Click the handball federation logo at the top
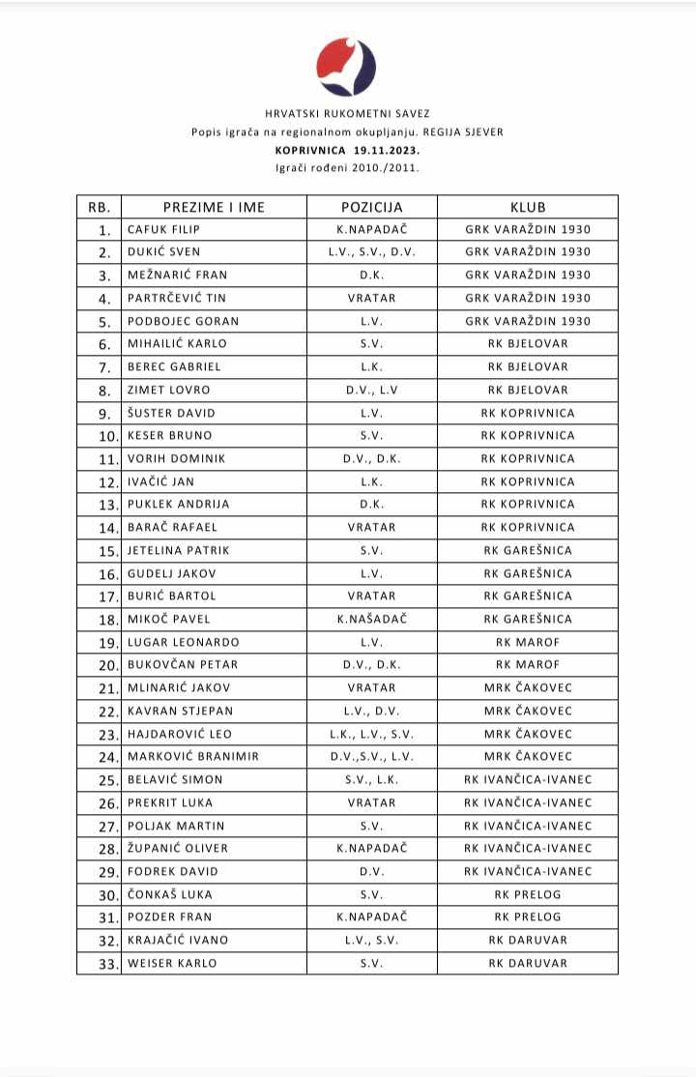click(x=346, y=67)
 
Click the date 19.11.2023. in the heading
click(x=387, y=150)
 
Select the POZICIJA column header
click(x=371, y=207)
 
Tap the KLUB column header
click(x=528, y=207)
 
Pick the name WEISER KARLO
click(x=172, y=963)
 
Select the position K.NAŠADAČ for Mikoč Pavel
click(x=371, y=619)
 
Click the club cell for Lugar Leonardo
click(x=528, y=642)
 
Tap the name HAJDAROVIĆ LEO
click(x=180, y=734)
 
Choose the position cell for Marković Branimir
click(x=371, y=756)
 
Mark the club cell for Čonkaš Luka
click(x=528, y=894)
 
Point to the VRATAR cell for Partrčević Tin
click(x=371, y=298)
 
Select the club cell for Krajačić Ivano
click(x=528, y=940)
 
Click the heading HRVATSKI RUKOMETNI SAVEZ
click(x=347, y=114)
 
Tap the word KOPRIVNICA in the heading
click(x=306, y=150)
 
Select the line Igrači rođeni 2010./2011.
click(x=347, y=167)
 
